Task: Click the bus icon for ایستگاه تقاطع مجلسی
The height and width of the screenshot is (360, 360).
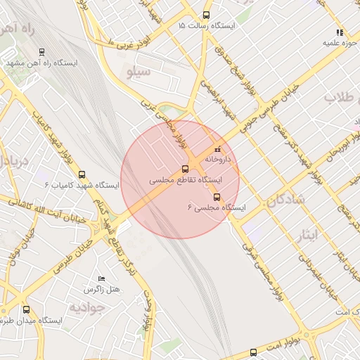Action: [x=186, y=169]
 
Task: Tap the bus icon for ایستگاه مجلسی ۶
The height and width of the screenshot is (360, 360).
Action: [x=217, y=197]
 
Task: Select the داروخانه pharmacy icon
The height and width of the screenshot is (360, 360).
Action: [x=217, y=149]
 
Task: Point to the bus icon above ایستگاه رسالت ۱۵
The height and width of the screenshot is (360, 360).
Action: [x=206, y=15]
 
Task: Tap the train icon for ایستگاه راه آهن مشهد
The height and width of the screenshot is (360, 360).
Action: [x=42, y=51]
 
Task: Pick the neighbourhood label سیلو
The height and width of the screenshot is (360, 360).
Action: [x=136, y=72]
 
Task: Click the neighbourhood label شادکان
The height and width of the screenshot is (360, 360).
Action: [x=285, y=200]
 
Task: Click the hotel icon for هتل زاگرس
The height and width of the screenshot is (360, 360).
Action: [x=103, y=279]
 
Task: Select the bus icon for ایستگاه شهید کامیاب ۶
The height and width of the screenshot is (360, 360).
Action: [x=82, y=174]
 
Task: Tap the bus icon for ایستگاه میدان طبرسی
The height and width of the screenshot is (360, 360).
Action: [x=27, y=309]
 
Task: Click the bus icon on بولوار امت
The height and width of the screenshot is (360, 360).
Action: [x=253, y=352]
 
